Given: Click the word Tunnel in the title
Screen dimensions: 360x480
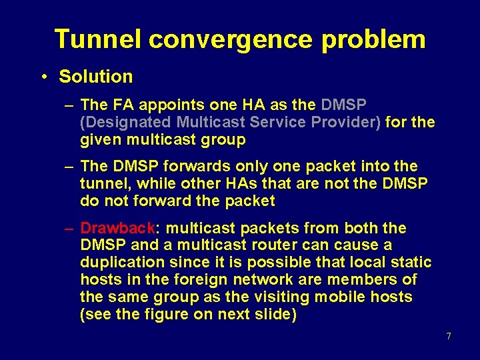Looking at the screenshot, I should tap(98, 39).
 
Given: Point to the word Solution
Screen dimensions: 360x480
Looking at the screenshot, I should tap(96, 77).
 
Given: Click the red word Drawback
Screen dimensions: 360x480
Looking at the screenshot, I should tap(117, 228).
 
